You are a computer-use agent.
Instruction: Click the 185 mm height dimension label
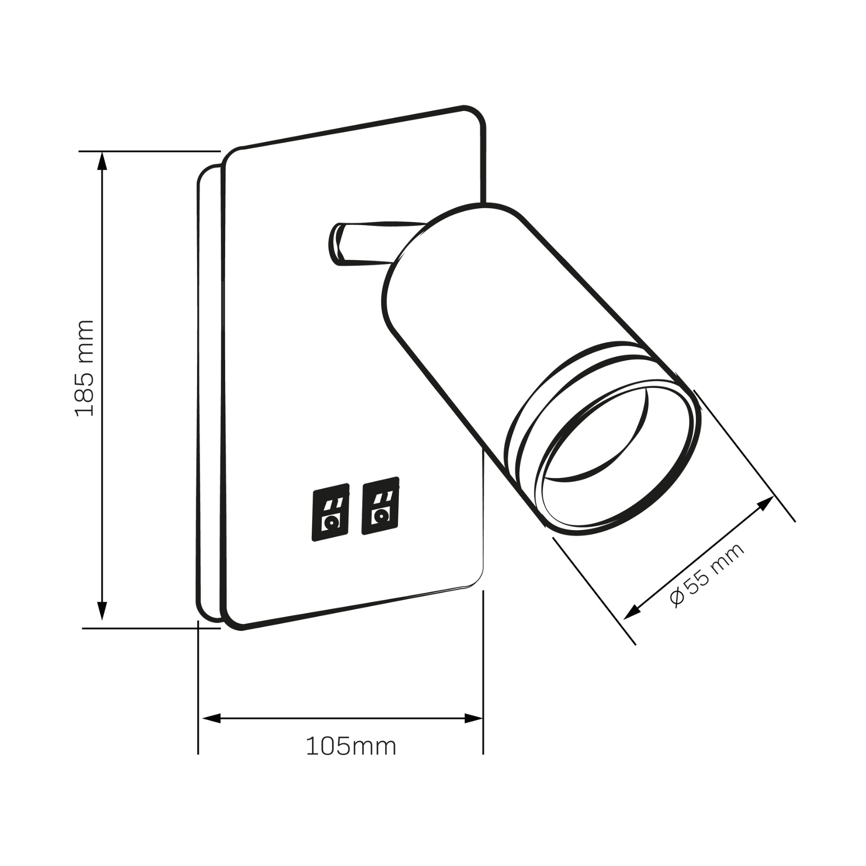(x=84, y=368)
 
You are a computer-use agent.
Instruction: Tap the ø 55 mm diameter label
(x=707, y=575)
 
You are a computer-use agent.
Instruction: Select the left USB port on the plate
(x=330, y=512)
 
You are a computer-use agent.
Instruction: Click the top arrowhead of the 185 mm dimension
(x=103, y=161)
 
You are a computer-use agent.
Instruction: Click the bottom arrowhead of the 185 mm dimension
(x=103, y=611)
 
